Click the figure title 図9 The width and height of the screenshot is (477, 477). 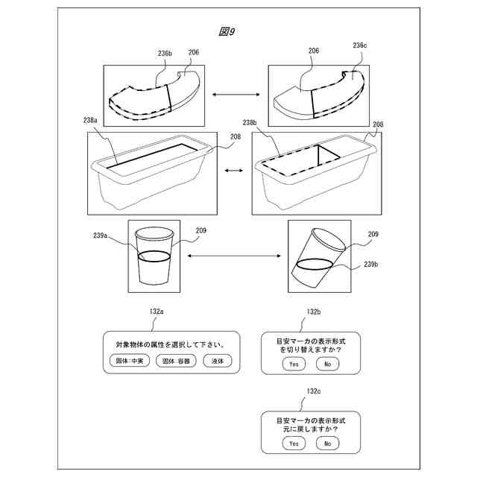coord(227,31)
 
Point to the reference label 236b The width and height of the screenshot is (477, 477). coord(165,54)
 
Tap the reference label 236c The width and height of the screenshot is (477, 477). coord(360,45)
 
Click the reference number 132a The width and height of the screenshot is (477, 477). coord(157,311)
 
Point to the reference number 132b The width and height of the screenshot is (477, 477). coord(314,312)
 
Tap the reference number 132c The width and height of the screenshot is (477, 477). coord(314,391)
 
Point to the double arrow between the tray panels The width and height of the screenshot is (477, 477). coord(234,171)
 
